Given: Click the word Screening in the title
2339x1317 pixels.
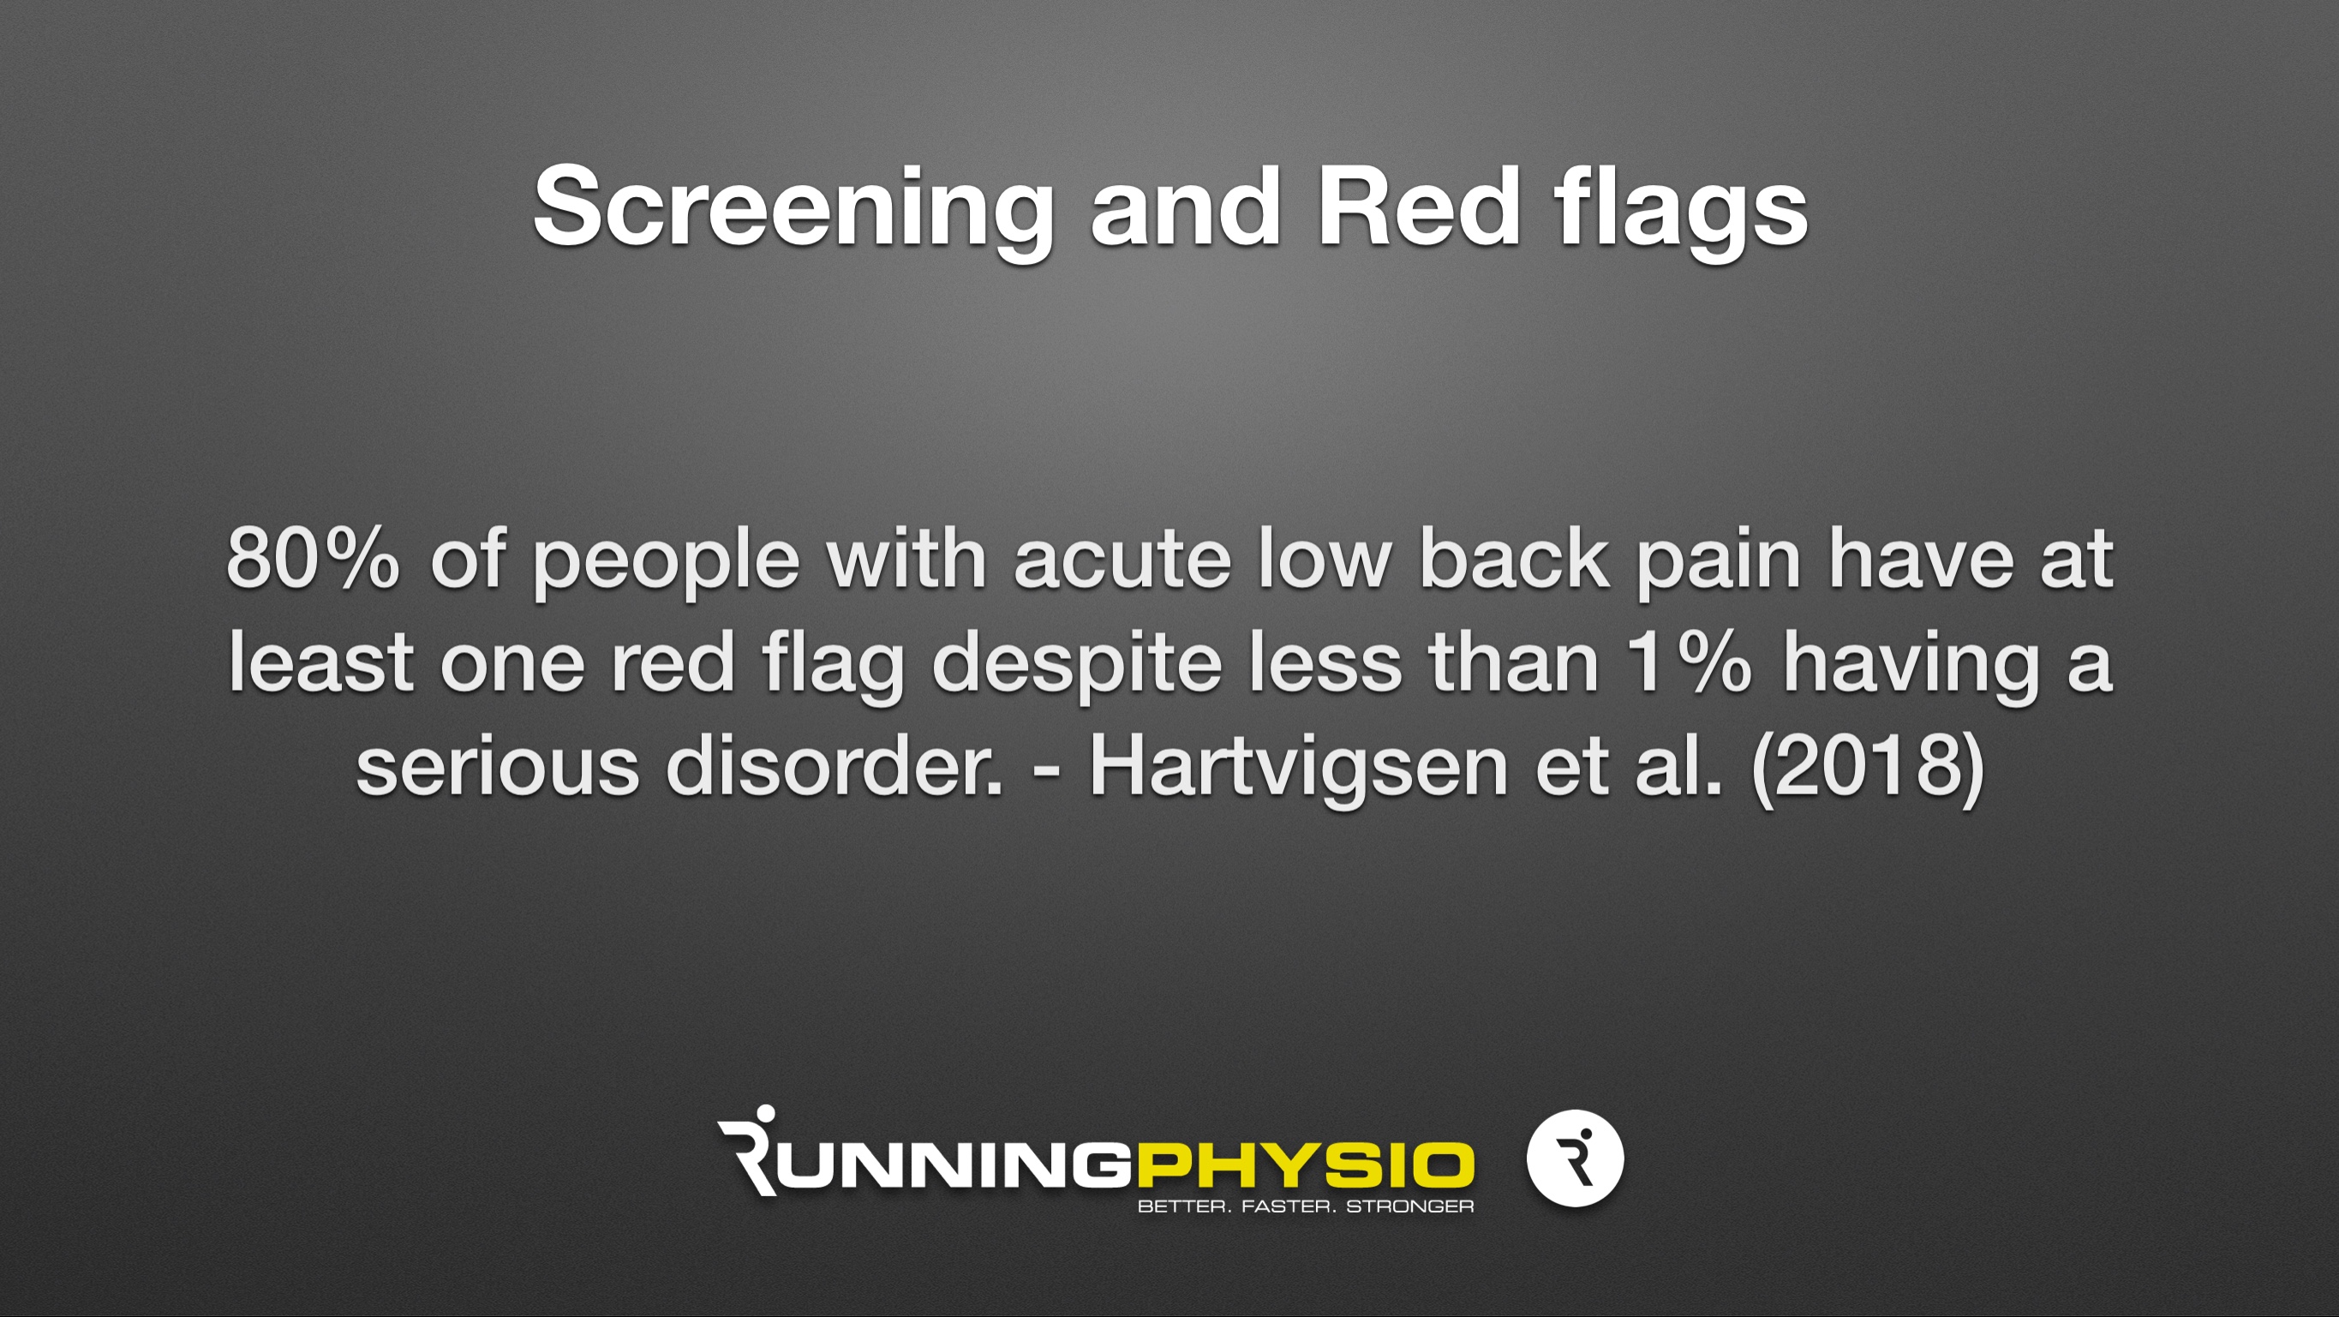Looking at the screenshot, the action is [x=793, y=209].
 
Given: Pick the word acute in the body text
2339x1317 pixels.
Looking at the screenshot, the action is [x=1122, y=561].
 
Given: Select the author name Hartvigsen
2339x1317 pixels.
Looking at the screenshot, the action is [x=1298, y=770].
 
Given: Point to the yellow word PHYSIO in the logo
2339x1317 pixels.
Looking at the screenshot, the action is [x=1305, y=1165].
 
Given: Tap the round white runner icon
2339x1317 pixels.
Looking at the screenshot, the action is [x=1576, y=1158].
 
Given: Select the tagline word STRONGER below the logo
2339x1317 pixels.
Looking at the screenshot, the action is [x=1410, y=1207].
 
